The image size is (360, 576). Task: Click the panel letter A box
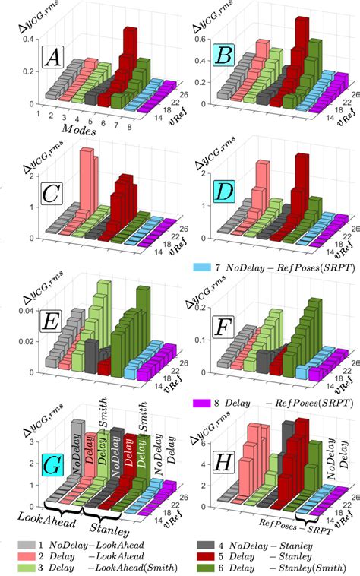pyautogui.click(x=53, y=57)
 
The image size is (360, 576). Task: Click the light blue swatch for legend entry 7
pyautogui.click(x=201, y=267)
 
